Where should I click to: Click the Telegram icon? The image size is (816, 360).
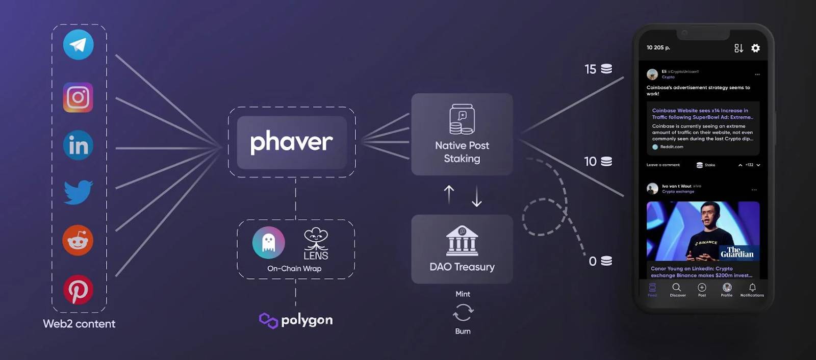pos(78,45)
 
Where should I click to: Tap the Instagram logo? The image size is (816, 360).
pos(78,97)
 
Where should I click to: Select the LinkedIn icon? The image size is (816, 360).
pos(78,145)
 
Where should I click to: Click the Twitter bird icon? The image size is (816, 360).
pos(78,192)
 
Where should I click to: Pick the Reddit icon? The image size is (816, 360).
pos(78,240)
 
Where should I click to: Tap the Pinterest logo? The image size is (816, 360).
pos(78,290)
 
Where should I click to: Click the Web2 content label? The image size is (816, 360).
pos(79,324)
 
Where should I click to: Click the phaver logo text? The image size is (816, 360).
pos(292,142)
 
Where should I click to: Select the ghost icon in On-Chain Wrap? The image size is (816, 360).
pos(269,243)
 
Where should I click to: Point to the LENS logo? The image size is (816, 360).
pos(316,244)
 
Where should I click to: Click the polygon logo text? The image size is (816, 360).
pos(307,320)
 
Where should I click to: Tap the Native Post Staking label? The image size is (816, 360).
pos(462,152)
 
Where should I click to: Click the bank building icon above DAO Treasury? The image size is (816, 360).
pos(462,241)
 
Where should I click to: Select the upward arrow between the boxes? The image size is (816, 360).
pos(449,194)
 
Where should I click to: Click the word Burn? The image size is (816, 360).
pos(463,331)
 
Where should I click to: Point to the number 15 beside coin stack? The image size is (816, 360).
pos(590,69)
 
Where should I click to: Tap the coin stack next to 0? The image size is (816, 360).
pos(606,261)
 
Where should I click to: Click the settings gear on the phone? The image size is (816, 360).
pos(755,48)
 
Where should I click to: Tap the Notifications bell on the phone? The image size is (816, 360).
pos(752,288)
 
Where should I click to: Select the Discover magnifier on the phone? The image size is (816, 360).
pos(677,288)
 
